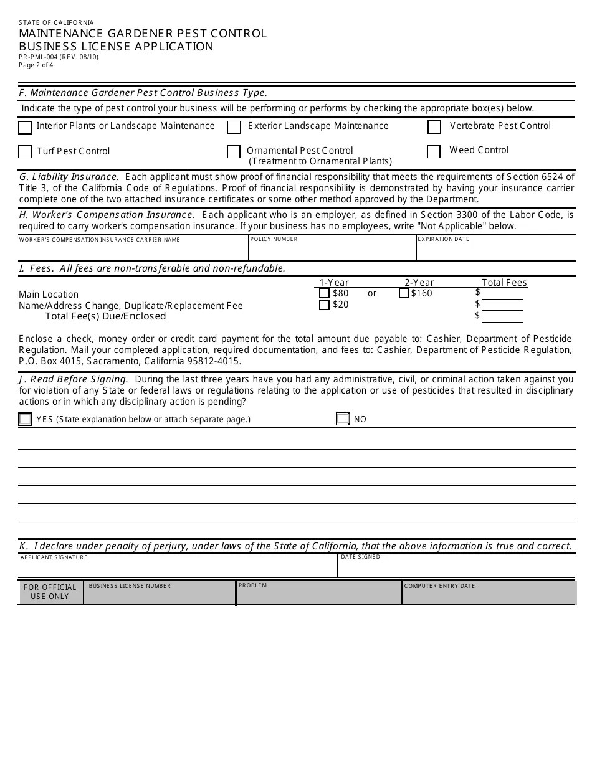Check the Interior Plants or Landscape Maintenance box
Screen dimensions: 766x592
[25, 128]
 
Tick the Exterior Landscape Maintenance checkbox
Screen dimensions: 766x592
[234, 128]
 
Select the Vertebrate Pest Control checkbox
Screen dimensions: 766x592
[434, 127]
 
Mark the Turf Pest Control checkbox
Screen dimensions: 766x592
[25, 152]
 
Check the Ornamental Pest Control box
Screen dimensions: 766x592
[234, 152]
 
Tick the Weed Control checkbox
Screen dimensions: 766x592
[434, 152]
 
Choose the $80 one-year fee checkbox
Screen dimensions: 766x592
[324, 293]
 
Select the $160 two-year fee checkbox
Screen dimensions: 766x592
[404, 293]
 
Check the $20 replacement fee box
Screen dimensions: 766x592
[324, 305]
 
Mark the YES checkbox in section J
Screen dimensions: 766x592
[25, 419]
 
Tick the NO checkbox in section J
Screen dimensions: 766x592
[343, 419]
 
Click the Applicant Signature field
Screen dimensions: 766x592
[178, 569]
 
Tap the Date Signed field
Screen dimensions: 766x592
[457, 569]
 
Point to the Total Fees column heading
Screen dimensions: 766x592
[504, 283]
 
